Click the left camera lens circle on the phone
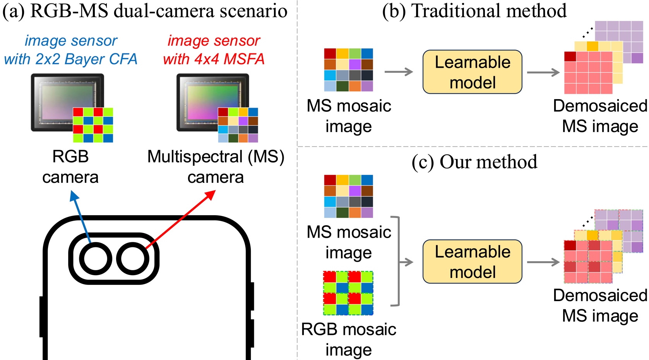coord(96,259)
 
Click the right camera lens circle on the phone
coord(133,259)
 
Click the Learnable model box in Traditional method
coord(472,72)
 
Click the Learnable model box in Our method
coord(472,262)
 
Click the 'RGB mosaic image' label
coord(349,339)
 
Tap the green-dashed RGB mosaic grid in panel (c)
coord(348,293)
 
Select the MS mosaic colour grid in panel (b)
coord(348,70)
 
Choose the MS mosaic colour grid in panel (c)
coord(348,196)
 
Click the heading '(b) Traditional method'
coord(474,11)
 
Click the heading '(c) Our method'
coord(474,162)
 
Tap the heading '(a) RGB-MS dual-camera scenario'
coord(145,11)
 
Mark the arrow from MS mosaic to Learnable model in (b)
coord(399,72)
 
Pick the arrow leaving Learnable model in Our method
coord(543,262)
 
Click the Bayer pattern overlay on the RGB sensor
coord(93,125)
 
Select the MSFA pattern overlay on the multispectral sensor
coord(238,125)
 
